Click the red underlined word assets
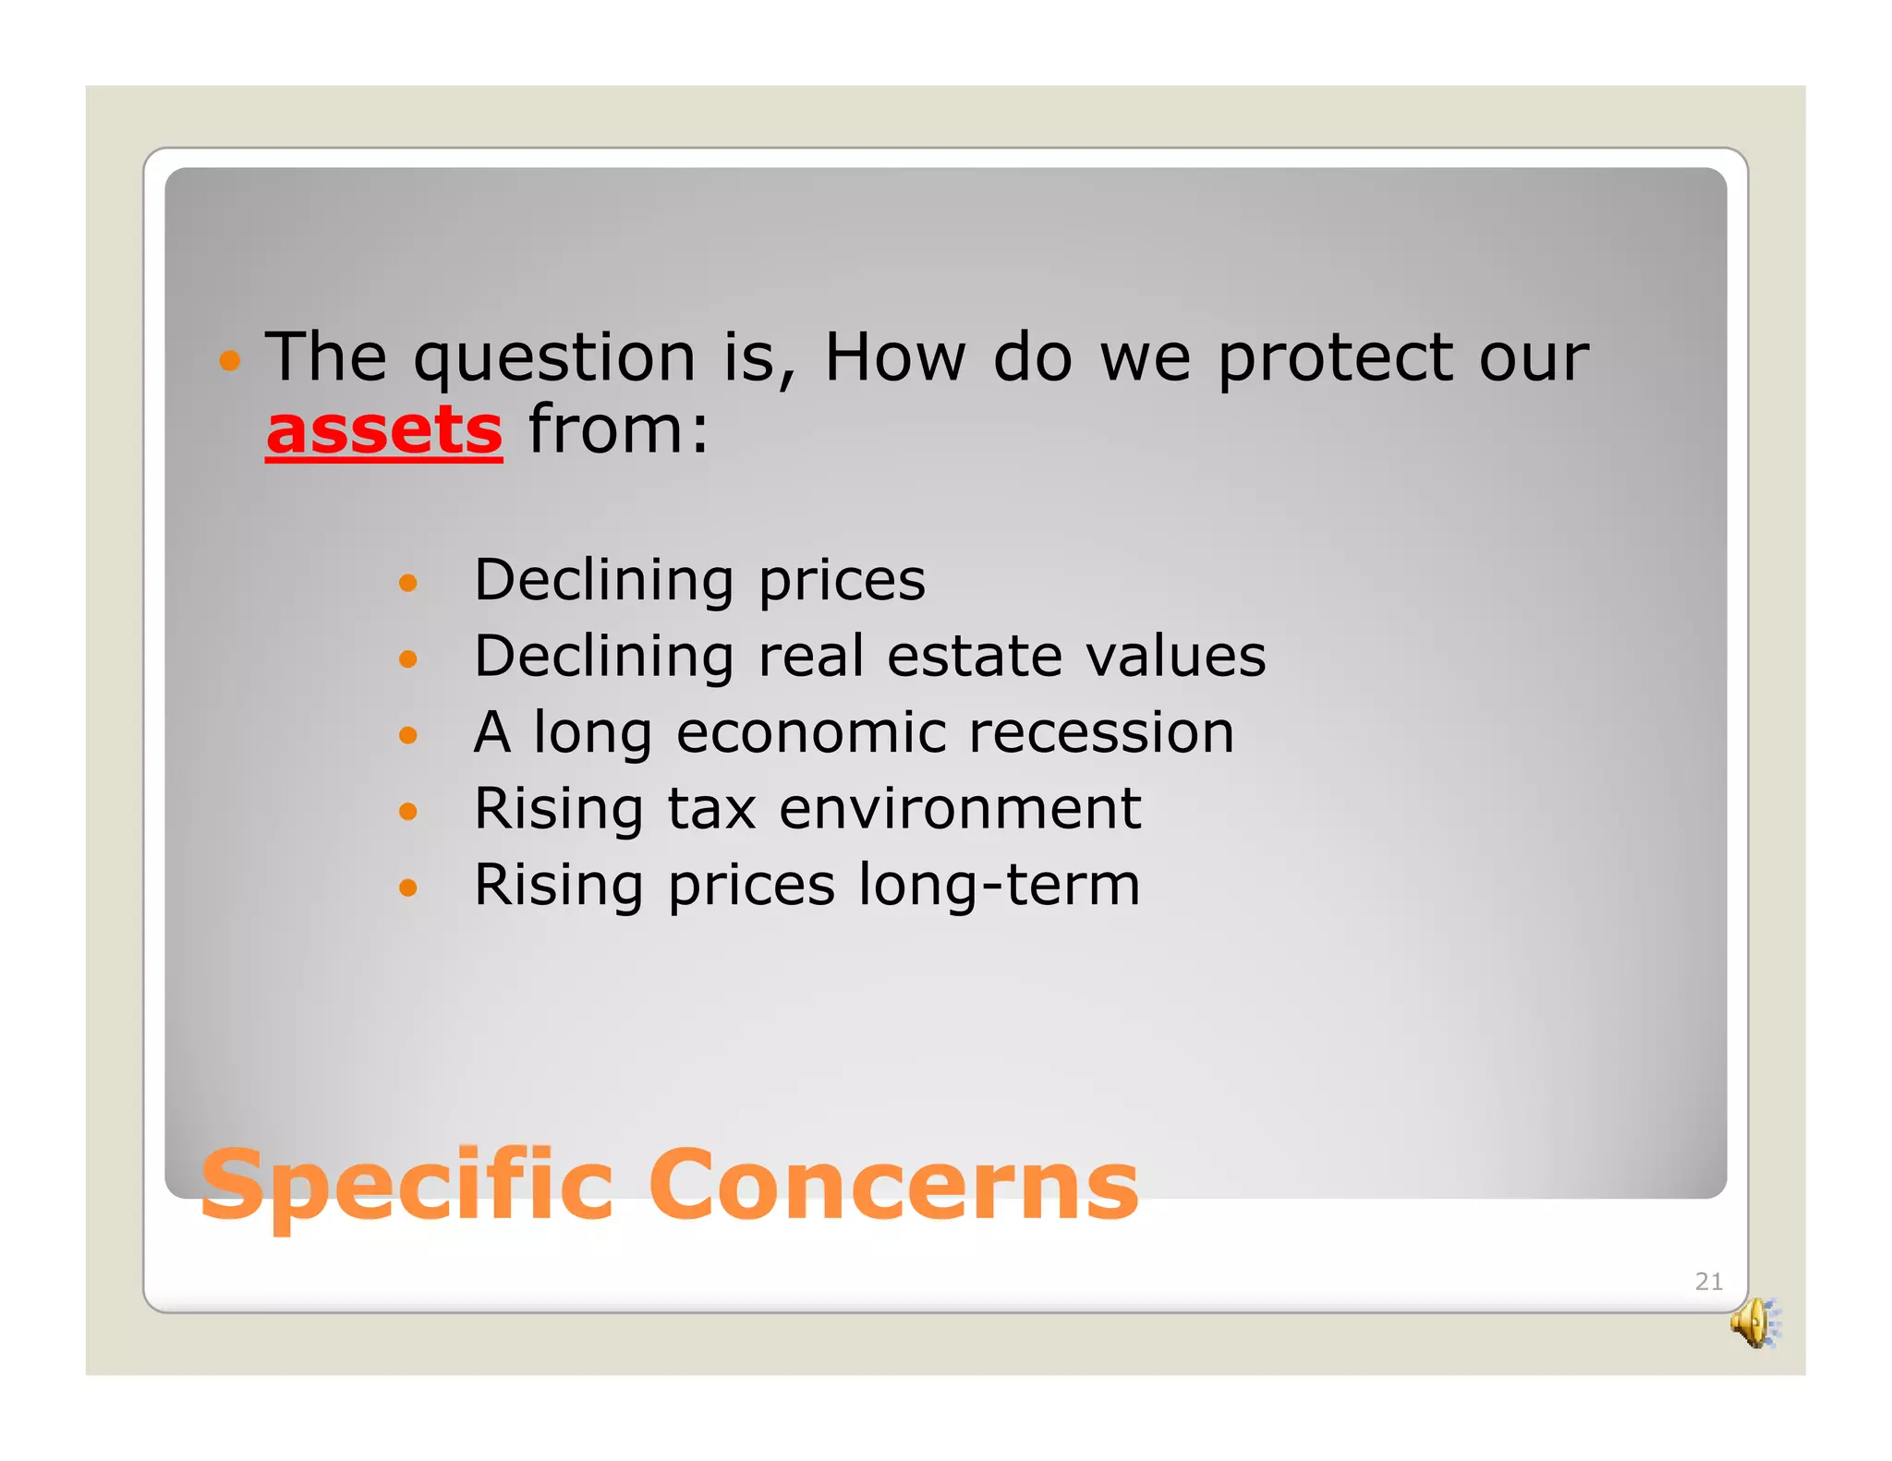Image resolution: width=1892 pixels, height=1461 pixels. pyautogui.click(x=383, y=430)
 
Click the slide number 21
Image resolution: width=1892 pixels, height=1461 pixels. pyautogui.click(x=1708, y=1281)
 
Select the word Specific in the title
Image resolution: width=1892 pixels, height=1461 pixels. pyautogui.click(x=406, y=1186)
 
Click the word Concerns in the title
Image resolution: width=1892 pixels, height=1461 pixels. pyautogui.click(x=893, y=1186)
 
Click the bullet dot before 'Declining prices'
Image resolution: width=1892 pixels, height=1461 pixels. pyautogui.click(x=407, y=583)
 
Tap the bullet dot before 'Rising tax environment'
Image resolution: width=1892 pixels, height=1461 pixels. pyautogui.click(x=407, y=812)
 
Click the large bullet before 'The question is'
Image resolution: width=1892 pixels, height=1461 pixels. pyautogui.click(x=229, y=361)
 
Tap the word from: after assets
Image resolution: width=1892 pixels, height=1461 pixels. pyautogui.click(x=618, y=430)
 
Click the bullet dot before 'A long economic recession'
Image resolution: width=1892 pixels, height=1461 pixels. pyautogui.click(x=407, y=735)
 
